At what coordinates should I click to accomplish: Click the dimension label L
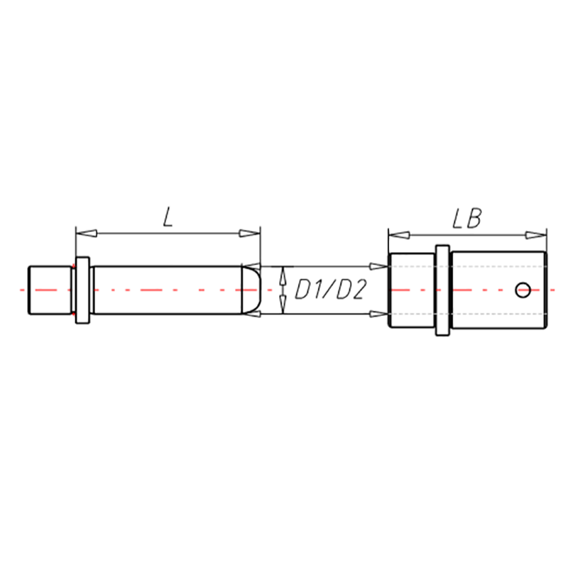(x=168, y=218)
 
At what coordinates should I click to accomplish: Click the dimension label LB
(x=467, y=218)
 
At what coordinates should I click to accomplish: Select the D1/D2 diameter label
(x=329, y=290)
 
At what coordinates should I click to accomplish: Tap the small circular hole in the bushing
(x=523, y=290)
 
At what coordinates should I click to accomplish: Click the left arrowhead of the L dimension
(x=87, y=234)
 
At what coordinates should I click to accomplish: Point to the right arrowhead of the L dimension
(x=250, y=234)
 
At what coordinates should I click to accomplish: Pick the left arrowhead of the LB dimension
(x=399, y=235)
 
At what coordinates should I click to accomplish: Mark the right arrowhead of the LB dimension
(x=536, y=235)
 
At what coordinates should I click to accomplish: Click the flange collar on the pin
(x=82, y=290)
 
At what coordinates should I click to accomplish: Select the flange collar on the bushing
(x=442, y=290)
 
